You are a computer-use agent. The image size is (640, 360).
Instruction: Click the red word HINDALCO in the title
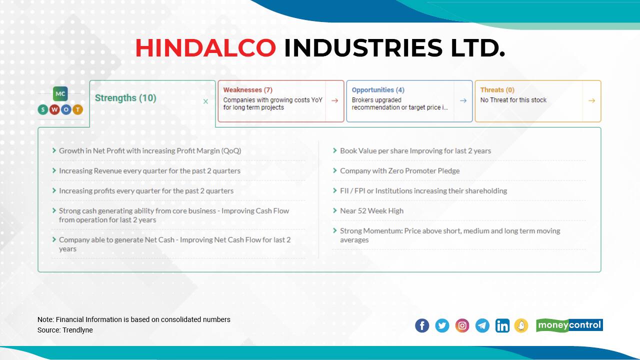click(205, 48)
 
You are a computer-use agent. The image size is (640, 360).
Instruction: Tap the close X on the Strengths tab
click(205, 101)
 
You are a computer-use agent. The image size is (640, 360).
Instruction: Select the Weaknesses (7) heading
click(247, 90)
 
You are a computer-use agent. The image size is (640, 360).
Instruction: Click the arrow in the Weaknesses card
click(334, 100)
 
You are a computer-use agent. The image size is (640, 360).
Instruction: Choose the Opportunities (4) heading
click(377, 90)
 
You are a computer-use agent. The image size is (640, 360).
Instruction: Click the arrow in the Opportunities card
click(463, 100)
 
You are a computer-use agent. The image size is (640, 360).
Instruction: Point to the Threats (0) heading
click(497, 90)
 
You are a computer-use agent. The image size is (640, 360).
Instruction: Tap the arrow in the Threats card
click(591, 100)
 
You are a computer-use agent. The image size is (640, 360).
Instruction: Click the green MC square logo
click(60, 93)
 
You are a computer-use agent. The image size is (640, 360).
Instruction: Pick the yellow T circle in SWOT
click(77, 109)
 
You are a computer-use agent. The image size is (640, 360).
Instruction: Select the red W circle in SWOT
click(54, 109)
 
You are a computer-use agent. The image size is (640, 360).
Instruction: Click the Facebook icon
click(422, 325)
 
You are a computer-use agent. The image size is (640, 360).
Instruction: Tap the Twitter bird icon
click(442, 325)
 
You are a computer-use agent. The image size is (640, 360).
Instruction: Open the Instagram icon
click(462, 325)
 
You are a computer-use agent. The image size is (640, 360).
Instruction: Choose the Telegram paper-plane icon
click(482, 325)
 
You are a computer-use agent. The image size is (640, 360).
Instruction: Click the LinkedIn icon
click(502, 325)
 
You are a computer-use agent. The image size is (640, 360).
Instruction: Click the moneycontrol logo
click(569, 325)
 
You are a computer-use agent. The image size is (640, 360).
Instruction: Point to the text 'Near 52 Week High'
click(371, 211)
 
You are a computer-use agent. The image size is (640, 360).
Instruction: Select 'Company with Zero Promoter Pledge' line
click(399, 171)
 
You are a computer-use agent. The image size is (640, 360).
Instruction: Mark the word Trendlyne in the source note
click(77, 330)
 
